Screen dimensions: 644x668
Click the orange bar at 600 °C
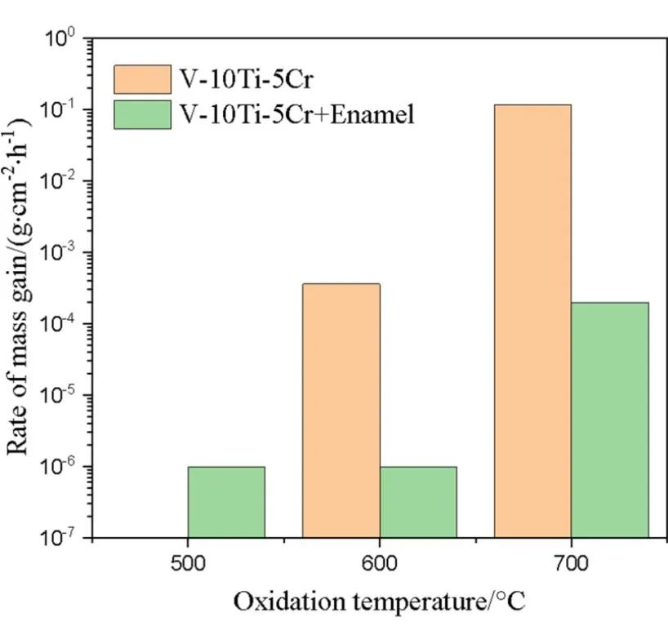(341, 411)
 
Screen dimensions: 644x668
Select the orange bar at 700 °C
(532, 321)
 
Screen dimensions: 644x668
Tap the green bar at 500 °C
(226, 502)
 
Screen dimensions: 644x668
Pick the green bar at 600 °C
(418, 502)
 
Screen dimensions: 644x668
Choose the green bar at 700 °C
(609, 420)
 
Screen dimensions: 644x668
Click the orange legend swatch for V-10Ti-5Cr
(142, 80)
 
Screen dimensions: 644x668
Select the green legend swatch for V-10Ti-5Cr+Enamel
(142, 114)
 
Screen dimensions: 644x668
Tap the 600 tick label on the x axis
(379, 563)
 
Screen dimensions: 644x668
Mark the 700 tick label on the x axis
(570, 563)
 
